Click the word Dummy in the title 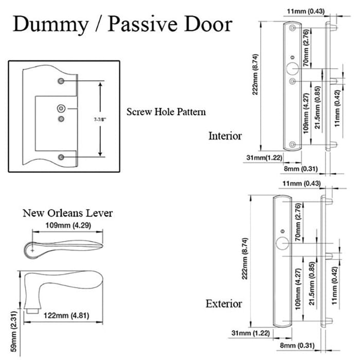click(51, 25)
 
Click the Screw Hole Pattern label click(166, 112)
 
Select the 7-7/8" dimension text click(100, 120)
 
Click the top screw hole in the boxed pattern click(61, 81)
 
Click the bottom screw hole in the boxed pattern click(61, 157)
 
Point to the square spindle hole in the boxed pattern click(61, 109)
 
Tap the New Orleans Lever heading click(68, 213)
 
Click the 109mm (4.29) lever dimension click(68, 225)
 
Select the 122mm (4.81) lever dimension click(66, 315)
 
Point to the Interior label click(225, 136)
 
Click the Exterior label click(224, 303)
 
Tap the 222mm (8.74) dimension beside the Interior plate click(255, 75)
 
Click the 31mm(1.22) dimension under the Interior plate click(264, 158)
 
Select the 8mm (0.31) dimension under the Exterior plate click(297, 346)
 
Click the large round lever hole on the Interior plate click(293, 68)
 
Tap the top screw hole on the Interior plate click(292, 28)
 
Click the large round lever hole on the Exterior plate click(282, 243)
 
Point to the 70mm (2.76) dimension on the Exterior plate click(298, 222)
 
